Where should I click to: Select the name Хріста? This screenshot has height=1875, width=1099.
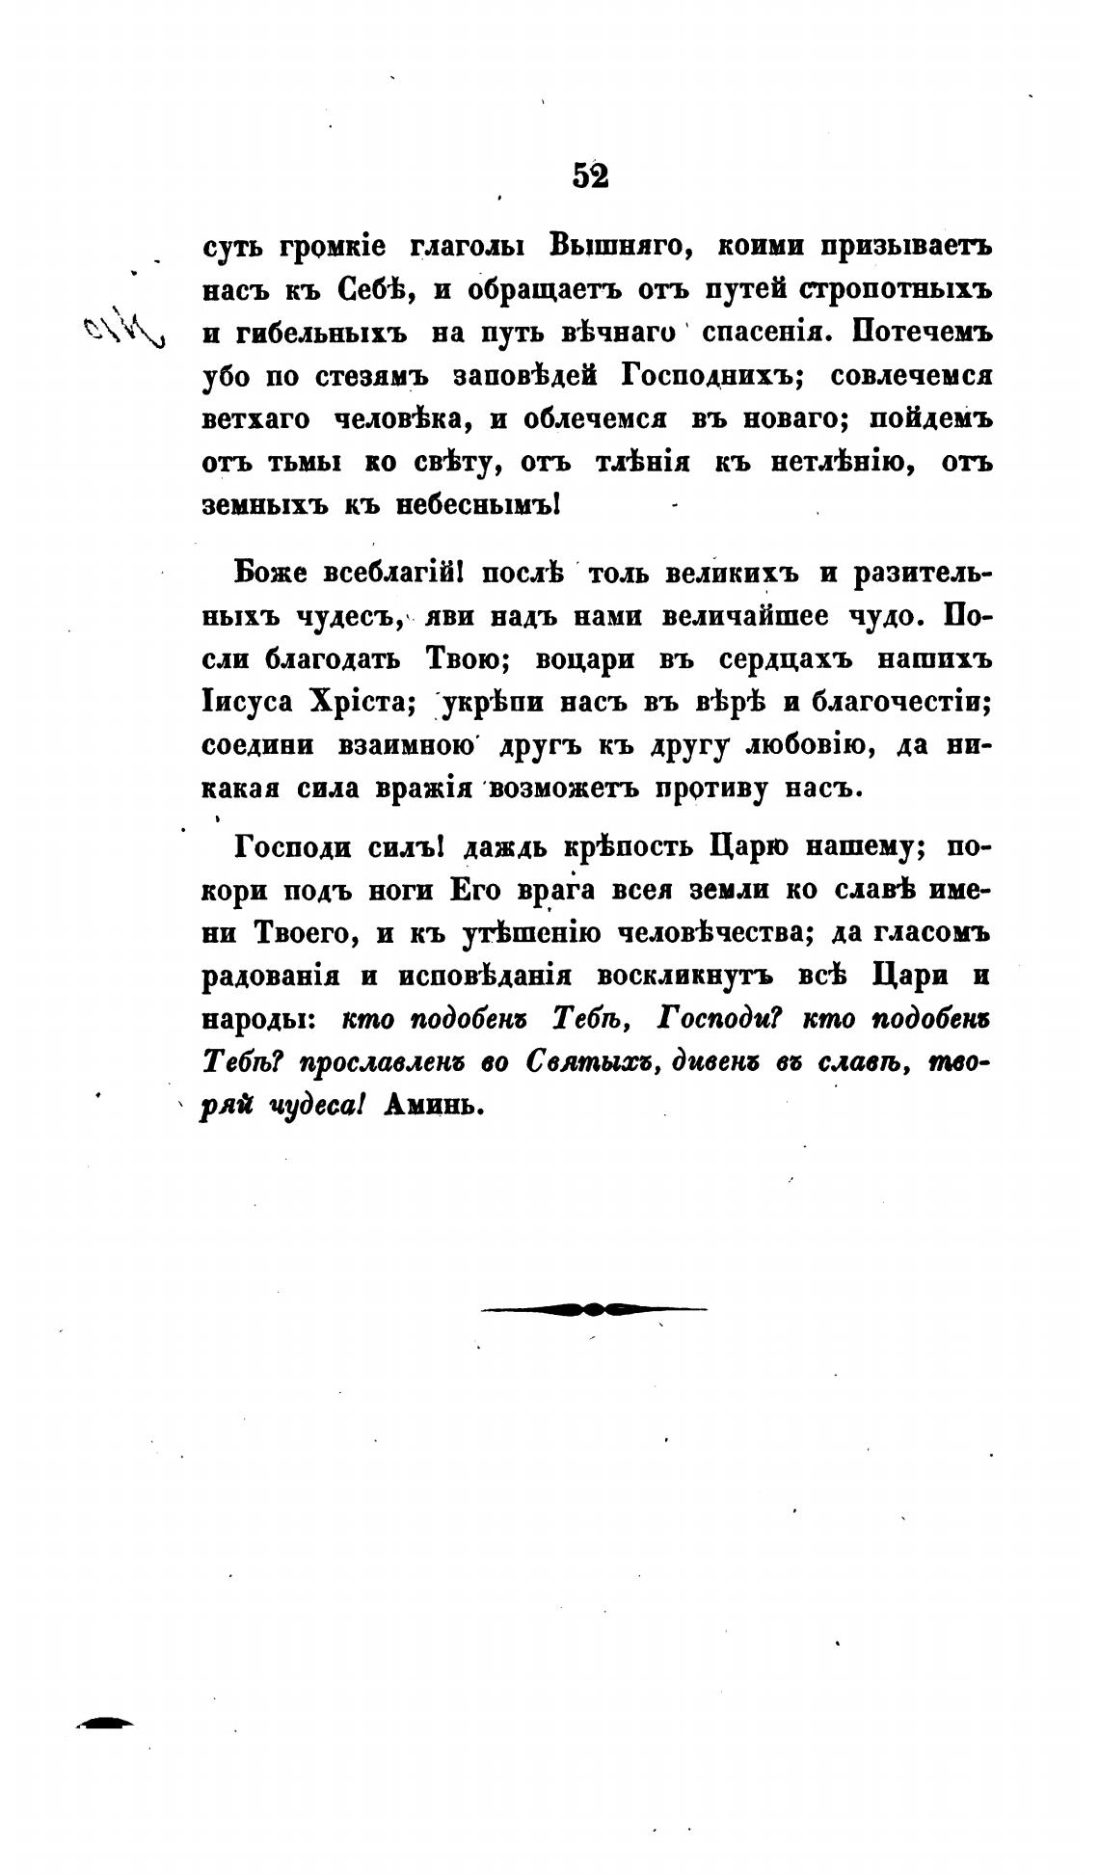click(361, 703)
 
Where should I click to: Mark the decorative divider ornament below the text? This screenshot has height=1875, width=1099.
click(593, 1308)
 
